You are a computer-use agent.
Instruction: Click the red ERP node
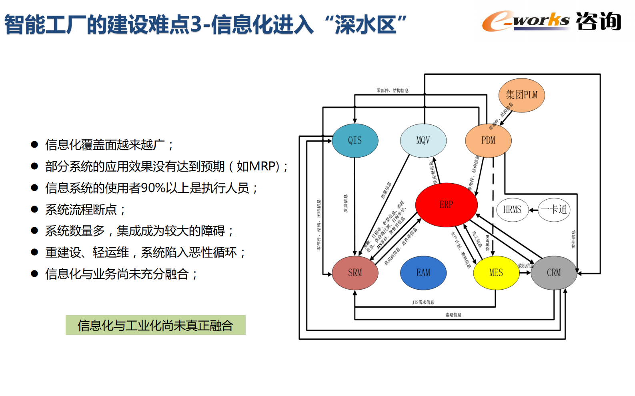pos(446,205)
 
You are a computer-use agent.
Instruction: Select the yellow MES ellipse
pos(496,273)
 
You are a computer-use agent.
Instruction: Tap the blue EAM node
pos(423,273)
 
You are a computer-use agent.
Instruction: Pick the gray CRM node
pos(554,273)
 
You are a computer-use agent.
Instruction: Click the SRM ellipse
pos(355,273)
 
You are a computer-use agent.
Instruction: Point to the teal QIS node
pos(355,140)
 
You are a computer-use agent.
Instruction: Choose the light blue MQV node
pos(423,140)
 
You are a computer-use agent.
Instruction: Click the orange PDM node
pos(488,140)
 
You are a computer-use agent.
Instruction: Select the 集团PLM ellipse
pos(521,95)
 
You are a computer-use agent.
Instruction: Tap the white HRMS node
pos(512,210)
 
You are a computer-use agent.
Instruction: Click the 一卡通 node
pos(554,210)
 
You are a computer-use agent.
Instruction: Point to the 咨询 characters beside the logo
pos(599,21)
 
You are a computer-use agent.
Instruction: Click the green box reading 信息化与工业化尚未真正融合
pos(155,325)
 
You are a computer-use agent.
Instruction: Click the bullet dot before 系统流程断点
pos(34,209)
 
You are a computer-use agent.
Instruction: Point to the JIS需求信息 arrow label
pos(423,302)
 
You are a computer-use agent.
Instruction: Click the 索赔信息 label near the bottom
pos(453,315)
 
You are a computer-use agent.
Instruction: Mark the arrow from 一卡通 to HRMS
pos(533,210)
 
